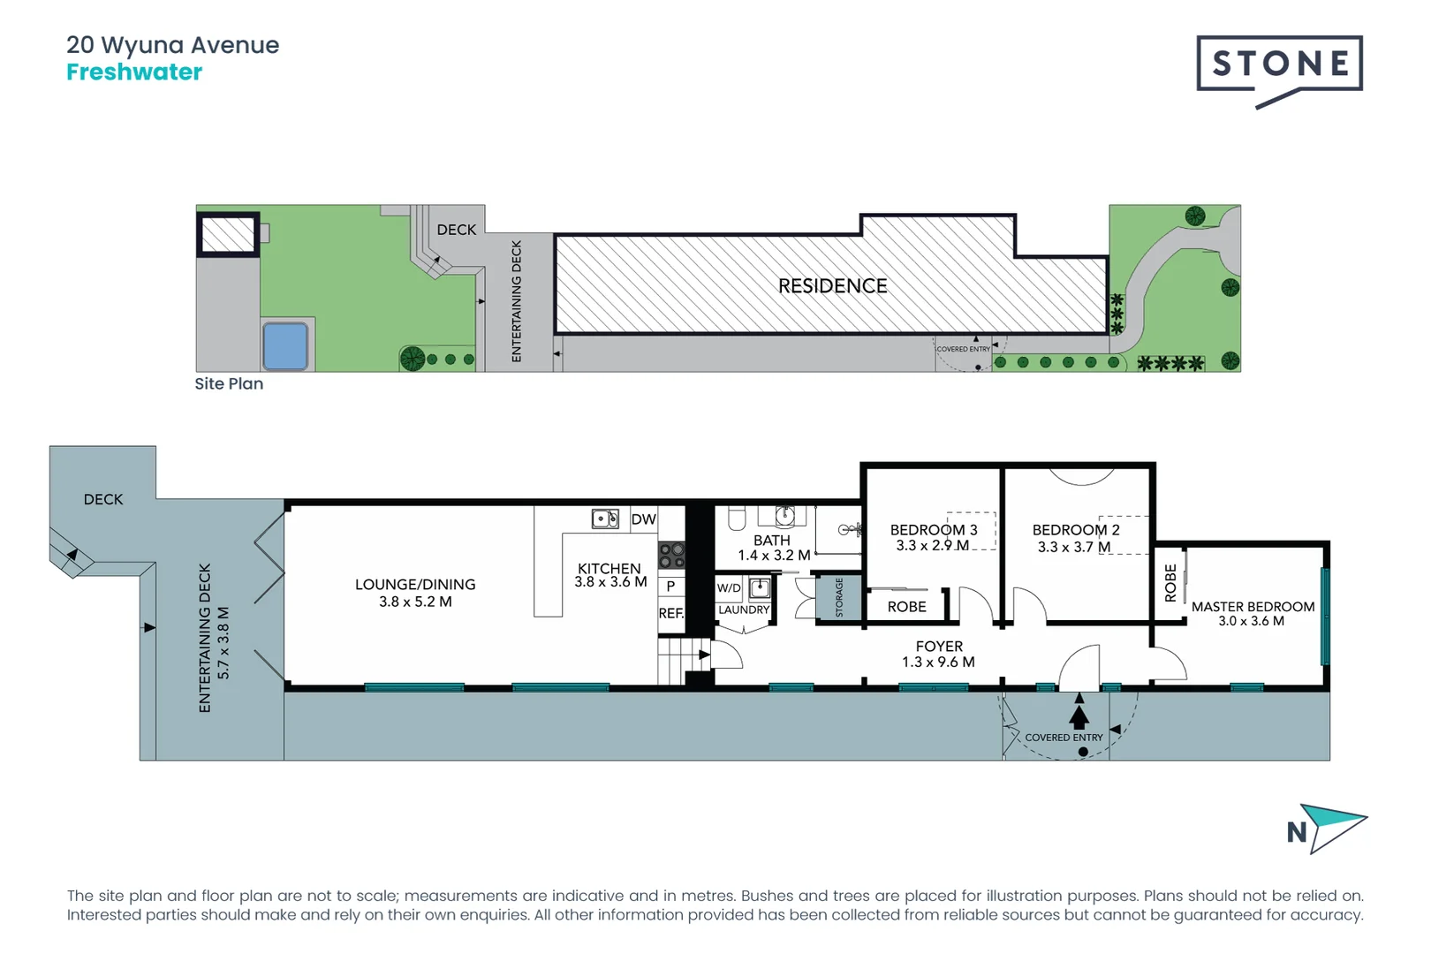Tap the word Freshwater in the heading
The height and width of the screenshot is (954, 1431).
(134, 72)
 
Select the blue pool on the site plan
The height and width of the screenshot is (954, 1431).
(284, 345)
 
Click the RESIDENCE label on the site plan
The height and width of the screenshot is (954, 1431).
(832, 286)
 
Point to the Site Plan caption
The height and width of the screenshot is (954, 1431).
(229, 383)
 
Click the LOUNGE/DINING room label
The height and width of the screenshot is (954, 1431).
(415, 585)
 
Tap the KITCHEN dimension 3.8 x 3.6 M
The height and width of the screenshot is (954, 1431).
(610, 582)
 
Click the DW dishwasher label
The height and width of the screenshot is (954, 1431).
(643, 519)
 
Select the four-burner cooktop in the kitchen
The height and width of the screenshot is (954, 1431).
(671, 555)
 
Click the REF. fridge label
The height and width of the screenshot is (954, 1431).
(670, 613)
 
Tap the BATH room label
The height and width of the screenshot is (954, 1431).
(771, 540)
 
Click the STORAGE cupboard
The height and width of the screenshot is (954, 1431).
(839, 598)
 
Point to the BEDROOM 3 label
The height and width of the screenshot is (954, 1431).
(934, 530)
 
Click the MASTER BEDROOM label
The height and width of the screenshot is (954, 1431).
(1253, 607)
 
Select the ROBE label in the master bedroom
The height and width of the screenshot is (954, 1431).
(1170, 583)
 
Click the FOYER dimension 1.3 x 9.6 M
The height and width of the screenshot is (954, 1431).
(938, 662)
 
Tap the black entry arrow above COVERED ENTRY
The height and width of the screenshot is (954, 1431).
(1079, 713)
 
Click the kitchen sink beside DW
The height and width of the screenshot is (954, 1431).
(605, 519)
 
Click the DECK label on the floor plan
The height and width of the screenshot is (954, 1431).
(103, 499)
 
